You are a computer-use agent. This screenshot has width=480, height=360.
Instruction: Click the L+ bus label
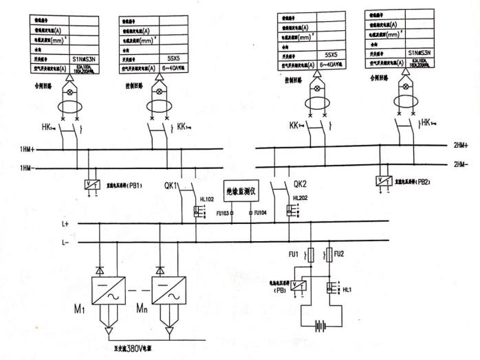coord(65,224)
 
